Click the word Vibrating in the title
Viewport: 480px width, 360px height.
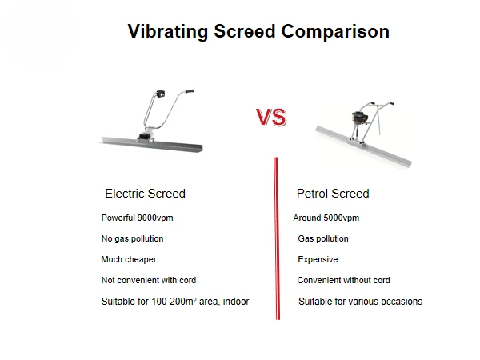[168, 32]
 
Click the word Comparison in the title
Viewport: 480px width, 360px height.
[335, 32]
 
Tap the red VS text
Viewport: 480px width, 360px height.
[271, 118]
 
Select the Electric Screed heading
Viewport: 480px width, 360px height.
[145, 194]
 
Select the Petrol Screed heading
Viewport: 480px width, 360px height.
[333, 194]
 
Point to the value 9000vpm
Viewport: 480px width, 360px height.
[155, 218]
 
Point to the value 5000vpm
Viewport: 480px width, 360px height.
[342, 218]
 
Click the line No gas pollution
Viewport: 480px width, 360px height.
[132, 238]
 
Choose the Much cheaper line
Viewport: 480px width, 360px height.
[129, 259]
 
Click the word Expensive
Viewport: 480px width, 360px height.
[318, 259]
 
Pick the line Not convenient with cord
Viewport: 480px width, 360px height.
[149, 280]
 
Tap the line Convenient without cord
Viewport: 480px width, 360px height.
[343, 280]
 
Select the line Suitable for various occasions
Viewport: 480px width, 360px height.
[360, 302]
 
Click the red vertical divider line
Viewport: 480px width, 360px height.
[277, 238]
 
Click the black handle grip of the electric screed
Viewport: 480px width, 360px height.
[190, 91]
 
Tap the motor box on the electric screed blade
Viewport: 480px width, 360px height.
[145, 137]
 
